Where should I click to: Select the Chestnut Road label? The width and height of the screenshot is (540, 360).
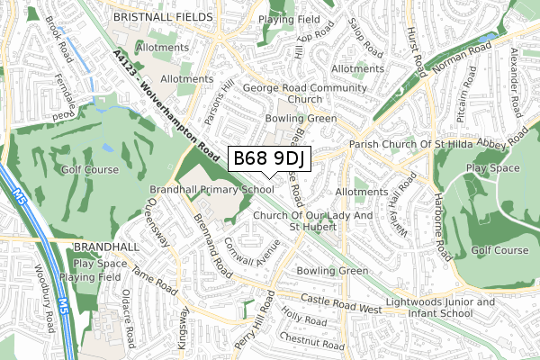click(312, 341)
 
